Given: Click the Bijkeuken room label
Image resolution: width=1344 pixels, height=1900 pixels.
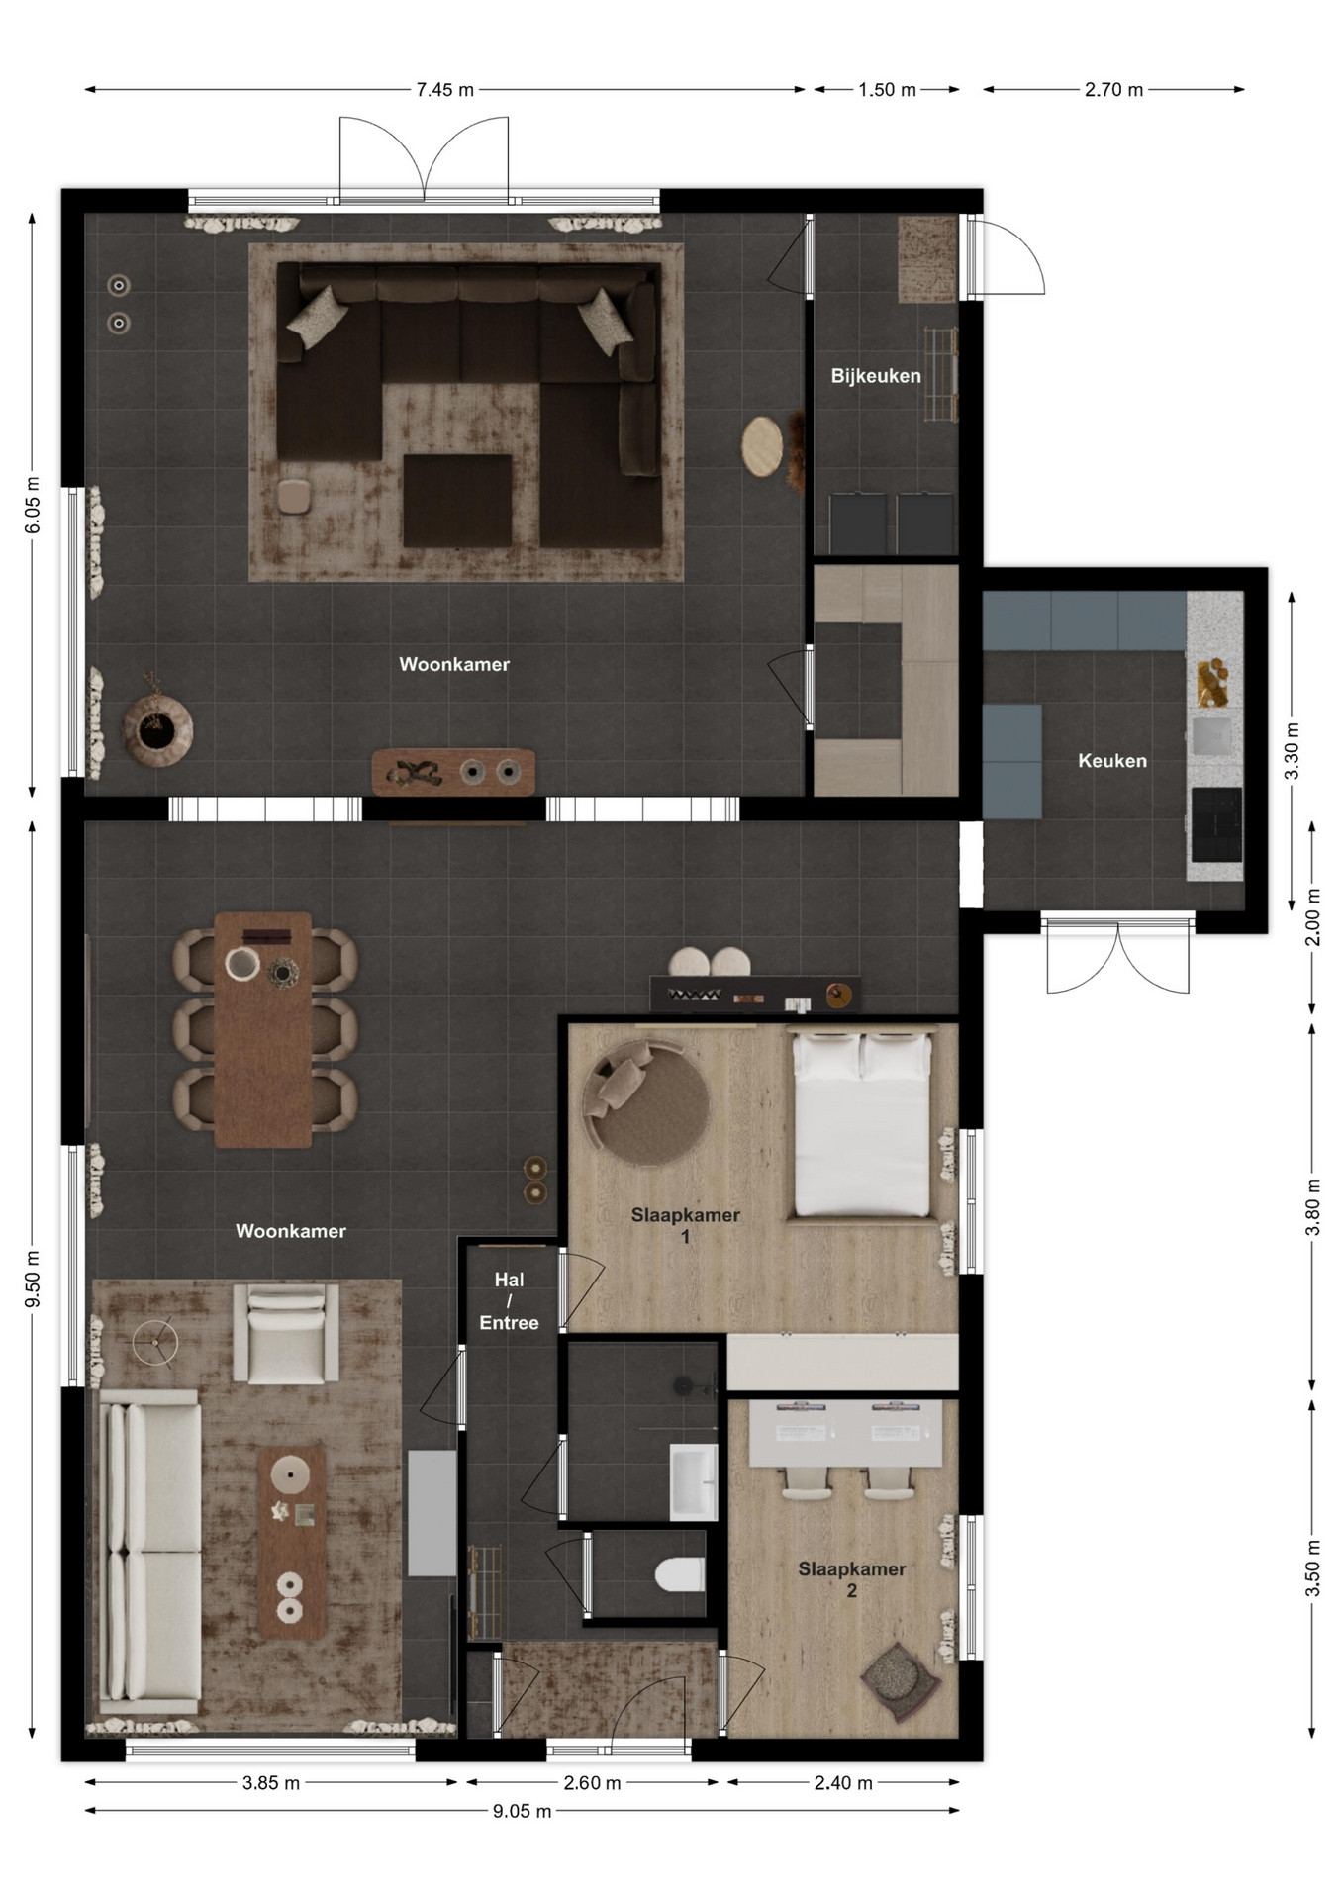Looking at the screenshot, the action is (x=876, y=376).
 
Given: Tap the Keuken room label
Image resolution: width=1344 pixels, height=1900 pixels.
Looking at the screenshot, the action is (x=1112, y=761).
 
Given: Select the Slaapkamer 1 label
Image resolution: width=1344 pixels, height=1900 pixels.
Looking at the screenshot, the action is (x=686, y=1225).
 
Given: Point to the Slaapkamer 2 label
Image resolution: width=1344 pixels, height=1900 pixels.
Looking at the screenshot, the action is (x=852, y=1579).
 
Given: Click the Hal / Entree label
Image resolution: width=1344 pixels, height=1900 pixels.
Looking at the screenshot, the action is (x=509, y=1301).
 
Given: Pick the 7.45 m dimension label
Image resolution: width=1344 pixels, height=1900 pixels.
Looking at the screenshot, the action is (x=445, y=90).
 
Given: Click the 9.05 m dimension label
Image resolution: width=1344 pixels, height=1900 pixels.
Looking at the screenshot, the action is (x=523, y=1812).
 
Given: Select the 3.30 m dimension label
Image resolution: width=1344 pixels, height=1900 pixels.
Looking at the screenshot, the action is (x=1292, y=750).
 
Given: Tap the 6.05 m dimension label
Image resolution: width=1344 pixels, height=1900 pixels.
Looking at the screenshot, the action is (x=33, y=505).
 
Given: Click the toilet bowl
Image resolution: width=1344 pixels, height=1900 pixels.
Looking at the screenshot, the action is (x=680, y=1572).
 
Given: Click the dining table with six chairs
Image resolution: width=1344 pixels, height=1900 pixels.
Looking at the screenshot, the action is (x=263, y=1029).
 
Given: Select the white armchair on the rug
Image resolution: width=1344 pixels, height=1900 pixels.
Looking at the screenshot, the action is (x=286, y=1333).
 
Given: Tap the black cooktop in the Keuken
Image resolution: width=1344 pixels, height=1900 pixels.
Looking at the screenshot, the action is (x=1216, y=824).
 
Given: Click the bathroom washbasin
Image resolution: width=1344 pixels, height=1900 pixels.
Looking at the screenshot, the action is (x=694, y=1480).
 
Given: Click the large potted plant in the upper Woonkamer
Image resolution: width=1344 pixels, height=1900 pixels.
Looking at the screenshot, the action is (x=157, y=729).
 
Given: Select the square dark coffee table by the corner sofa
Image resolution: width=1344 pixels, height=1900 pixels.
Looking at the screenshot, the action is (x=457, y=500).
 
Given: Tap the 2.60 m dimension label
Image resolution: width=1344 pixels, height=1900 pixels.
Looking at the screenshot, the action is (x=592, y=1783).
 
